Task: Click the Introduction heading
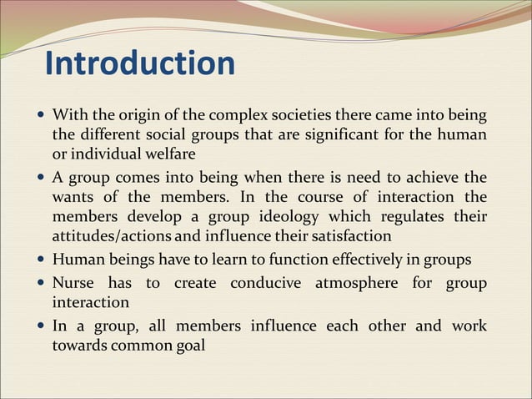(139, 63)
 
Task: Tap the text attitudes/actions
(112, 237)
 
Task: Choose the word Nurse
(73, 282)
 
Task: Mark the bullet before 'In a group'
(43, 326)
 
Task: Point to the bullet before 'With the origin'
(43, 114)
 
